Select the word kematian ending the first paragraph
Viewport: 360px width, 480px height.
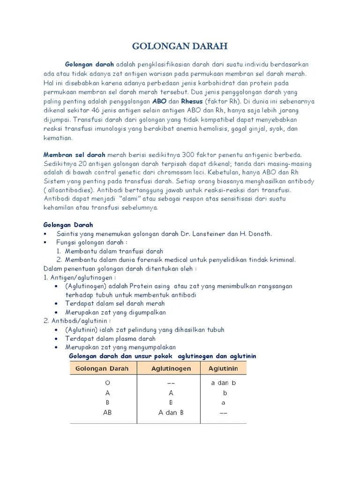58,138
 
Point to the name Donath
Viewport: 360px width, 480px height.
259,233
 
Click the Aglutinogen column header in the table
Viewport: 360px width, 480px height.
171,368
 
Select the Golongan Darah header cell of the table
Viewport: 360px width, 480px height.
102,368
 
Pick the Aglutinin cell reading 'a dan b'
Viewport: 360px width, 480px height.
224,383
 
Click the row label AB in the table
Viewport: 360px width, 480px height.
107,413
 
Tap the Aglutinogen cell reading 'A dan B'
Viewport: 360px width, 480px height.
171,413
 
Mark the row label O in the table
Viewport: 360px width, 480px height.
107,383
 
